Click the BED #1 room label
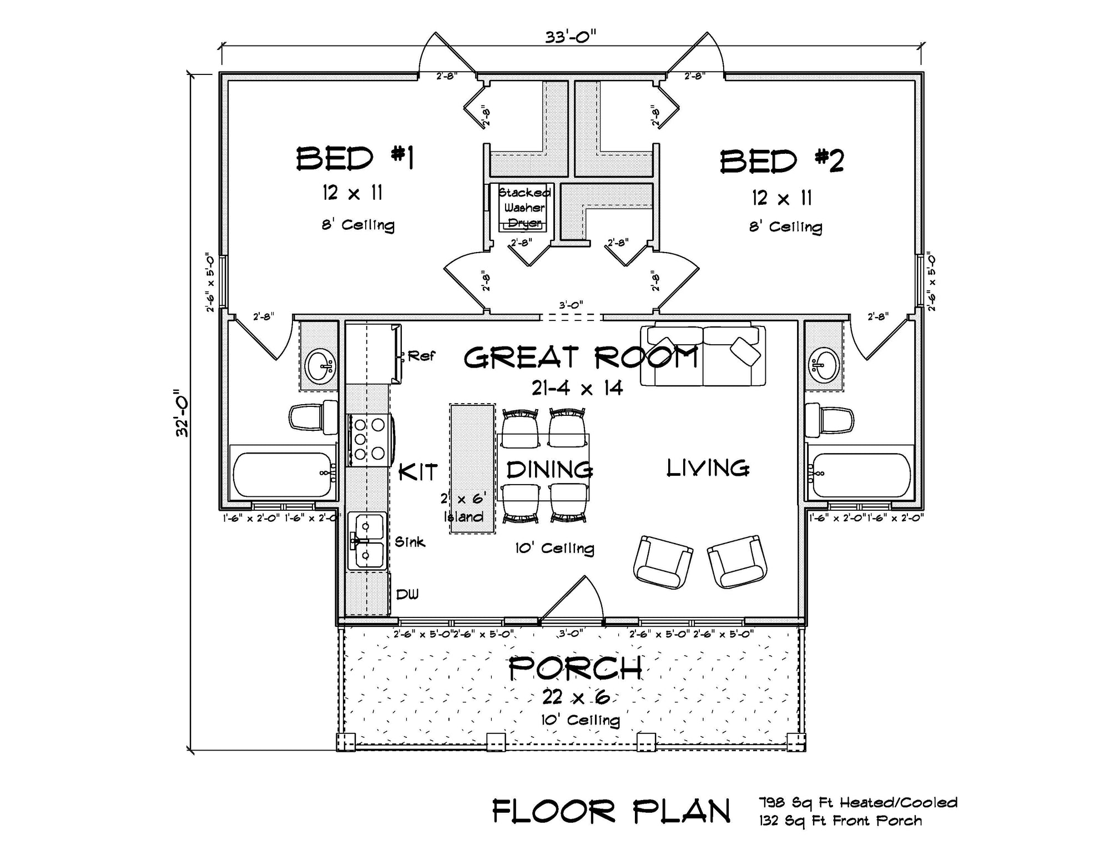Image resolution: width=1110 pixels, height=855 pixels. coord(355,159)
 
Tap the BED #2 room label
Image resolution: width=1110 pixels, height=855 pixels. coord(781,161)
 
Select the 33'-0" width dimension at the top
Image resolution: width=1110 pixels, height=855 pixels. coord(571,37)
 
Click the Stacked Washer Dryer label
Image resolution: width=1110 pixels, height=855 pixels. coord(524,208)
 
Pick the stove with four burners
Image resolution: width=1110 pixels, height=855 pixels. coord(369,440)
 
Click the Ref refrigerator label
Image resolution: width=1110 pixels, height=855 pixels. coord(421,356)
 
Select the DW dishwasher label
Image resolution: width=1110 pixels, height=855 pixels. coord(407,595)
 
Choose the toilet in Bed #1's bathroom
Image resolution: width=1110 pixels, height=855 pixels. coord(312,418)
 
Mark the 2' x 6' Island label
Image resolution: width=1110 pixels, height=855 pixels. coord(463,507)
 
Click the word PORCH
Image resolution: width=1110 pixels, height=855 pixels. coord(575,668)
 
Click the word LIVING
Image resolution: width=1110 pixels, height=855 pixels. coord(708,468)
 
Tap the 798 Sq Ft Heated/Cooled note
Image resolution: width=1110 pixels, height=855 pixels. coord(858,802)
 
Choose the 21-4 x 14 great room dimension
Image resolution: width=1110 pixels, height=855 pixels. coord(577,388)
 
